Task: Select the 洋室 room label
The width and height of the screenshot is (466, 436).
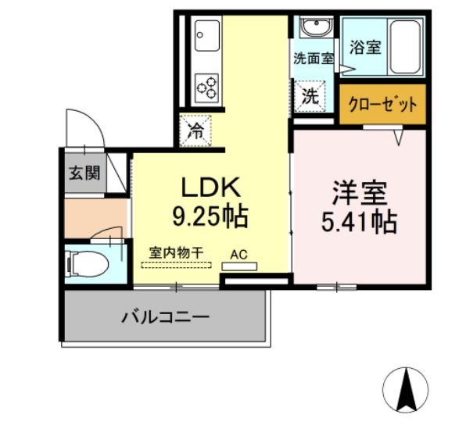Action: pyautogui.click(x=357, y=193)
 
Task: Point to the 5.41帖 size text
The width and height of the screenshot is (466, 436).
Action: pyautogui.click(x=358, y=223)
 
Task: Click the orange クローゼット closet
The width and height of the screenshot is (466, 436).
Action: pyautogui.click(x=383, y=105)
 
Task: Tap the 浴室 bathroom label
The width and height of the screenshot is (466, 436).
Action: pyautogui.click(x=365, y=46)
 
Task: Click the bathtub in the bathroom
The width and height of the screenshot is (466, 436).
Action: pyautogui.click(x=405, y=45)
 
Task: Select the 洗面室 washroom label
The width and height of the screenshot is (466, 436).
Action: pyautogui.click(x=314, y=58)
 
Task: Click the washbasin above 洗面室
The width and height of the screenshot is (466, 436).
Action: pyautogui.click(x=316, y=29)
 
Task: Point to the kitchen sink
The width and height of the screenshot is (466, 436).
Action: pyautogui.click(x=209, y=35)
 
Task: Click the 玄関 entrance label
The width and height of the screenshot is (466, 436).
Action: pyautogui.click(x=83, y=173)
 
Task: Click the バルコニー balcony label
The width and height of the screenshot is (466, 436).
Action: pyautogui.click(x=164, y=317)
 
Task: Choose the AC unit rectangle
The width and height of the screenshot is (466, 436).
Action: pyautogui.click(x=238, y=266)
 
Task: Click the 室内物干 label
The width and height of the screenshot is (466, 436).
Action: pyautogui.click(x=177, y=252)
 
